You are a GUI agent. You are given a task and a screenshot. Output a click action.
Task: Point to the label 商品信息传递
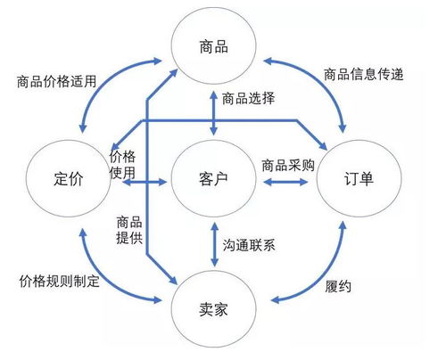[368, 75]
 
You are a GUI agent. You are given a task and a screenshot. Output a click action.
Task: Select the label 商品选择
[247, 99]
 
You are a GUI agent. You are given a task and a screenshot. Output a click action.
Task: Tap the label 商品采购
[288, 166]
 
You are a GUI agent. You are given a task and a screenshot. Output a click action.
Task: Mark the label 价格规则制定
[60, 280]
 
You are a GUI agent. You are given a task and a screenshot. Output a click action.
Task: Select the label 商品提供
[128, 229]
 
